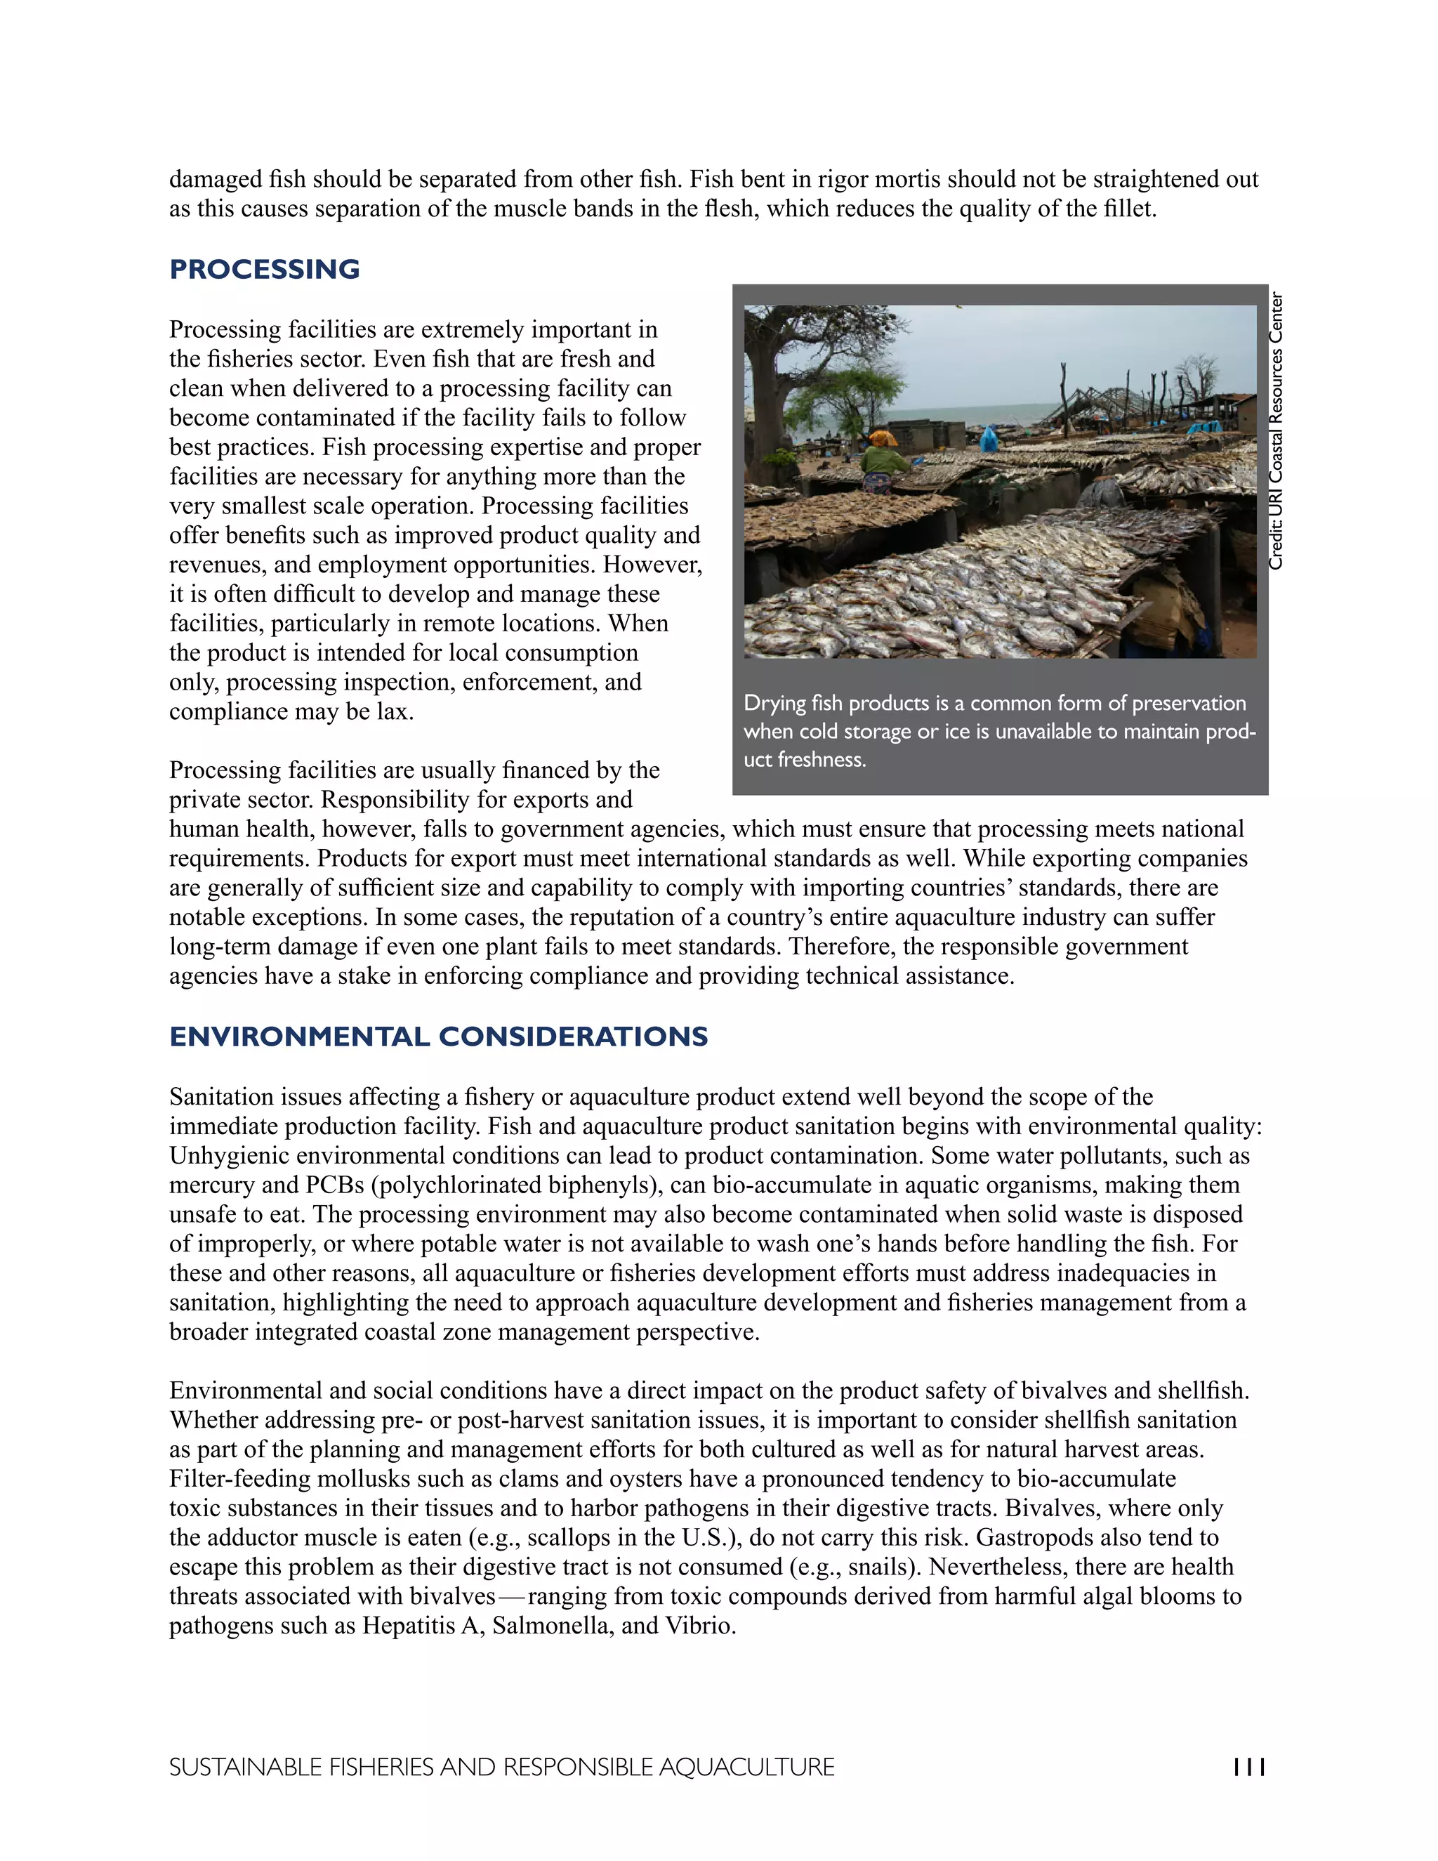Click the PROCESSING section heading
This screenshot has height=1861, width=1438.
(x=264, y=269)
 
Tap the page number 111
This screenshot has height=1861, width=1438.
(x=1249, y=1768)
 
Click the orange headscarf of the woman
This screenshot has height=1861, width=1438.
(x=883, y=439)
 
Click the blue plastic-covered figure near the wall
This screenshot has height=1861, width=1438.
(x=988, y=440)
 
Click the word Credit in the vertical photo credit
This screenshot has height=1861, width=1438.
(x=1275, y=547)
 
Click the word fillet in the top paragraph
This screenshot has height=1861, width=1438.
(x=1130, y=209)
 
